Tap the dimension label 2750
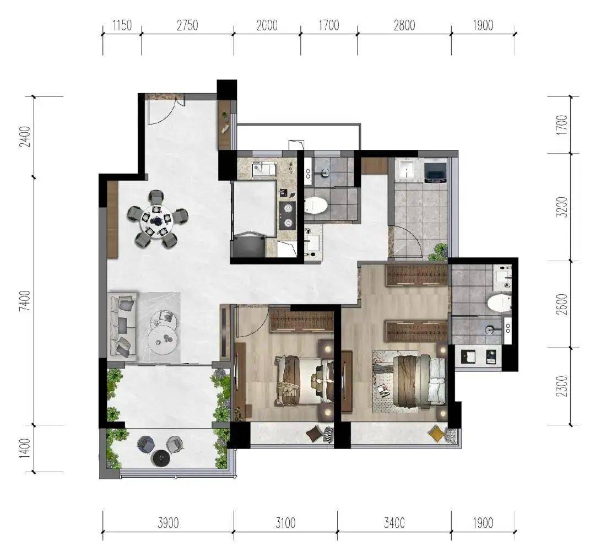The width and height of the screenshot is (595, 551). (187, 25)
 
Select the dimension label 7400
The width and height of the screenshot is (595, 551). (25, 301)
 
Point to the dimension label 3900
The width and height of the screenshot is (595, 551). (168, 523)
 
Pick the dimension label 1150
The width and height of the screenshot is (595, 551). (122, 25)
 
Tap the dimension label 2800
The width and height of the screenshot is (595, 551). (404, 25)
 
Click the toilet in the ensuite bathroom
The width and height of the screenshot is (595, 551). (499, 303)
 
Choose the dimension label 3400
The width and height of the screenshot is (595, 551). (394, 523)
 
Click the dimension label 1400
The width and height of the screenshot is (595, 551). (25, 448)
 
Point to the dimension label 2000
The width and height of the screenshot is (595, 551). (267, 25)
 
